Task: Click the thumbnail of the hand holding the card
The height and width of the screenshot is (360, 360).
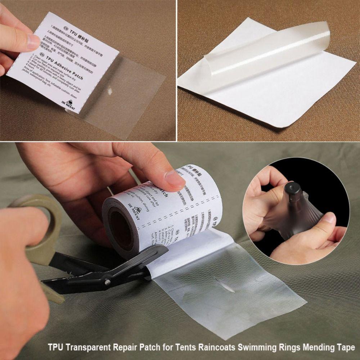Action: coord(33,41)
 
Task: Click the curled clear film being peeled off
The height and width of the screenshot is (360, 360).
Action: coord(266,54)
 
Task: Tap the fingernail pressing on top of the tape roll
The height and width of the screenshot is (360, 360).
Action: coord(176,178)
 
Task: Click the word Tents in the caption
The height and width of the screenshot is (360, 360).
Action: coord(184,348)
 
